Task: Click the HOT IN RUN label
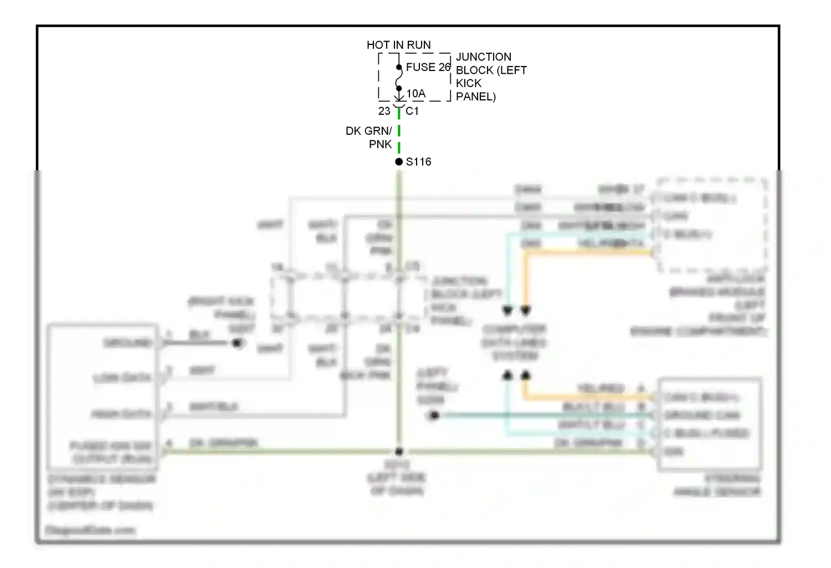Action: point(398,45)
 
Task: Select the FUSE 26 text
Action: point(428,67)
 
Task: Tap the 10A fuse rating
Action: point(416,94)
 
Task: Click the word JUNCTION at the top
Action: point(483,57)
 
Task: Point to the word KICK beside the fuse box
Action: point(469,83)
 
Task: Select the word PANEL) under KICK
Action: point(475,97)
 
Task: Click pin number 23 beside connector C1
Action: point(384,111)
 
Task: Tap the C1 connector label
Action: point(412,111)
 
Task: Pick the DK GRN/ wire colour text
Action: point(368,131)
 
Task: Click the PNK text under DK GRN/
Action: point(380,144)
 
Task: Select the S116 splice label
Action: point(418,162)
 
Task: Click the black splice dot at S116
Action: point(399,162)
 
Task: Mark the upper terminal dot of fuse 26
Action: point(399,68)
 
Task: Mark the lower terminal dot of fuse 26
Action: point(399,88)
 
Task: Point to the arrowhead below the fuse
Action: point(399,98)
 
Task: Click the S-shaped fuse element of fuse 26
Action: point(399,78)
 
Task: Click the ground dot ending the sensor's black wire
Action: point(238,343)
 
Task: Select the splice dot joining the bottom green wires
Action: point(398,452)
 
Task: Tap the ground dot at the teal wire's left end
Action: point(434,415)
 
